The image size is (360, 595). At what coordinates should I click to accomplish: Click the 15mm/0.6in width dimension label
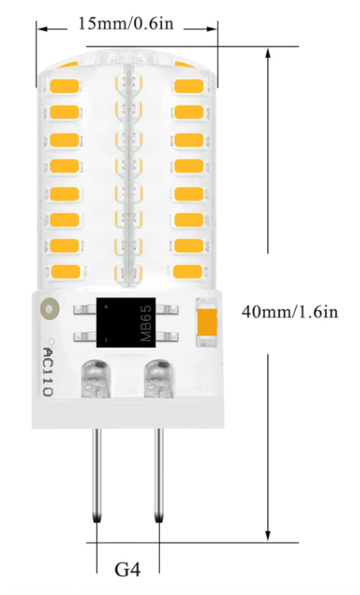click(125, 24)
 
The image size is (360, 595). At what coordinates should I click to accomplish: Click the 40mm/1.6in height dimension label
click(290, 312)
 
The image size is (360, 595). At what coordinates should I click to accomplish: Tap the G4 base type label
click(128, 570)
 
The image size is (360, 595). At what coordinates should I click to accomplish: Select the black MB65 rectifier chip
click(126, 322)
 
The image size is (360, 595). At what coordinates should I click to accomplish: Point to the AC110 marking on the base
click(48, 372)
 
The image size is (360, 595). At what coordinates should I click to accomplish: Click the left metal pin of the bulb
click(97, 476)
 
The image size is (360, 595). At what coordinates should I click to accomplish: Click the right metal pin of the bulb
click(159, 476)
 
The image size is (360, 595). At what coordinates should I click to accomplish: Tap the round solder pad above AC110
click(50, 309)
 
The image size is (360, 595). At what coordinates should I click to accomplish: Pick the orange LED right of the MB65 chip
click(207, 322)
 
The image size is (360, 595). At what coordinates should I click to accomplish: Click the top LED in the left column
click(64, 86)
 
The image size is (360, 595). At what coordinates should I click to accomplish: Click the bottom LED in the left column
click(64, 271)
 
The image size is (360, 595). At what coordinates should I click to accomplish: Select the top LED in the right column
click(189, 86)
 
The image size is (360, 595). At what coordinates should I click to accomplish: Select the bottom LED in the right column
click(187, 271)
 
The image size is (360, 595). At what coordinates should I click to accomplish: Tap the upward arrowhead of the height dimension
click(268, 53)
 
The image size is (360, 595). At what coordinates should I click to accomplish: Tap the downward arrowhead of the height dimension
click(268, 535)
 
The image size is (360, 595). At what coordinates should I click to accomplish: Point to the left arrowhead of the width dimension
click(42, 28)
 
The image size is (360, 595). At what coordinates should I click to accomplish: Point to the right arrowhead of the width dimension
click(212, 28)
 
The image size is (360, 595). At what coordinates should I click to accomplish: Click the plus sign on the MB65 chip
click(107, 306)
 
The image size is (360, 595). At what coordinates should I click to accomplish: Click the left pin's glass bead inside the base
click(95, 378)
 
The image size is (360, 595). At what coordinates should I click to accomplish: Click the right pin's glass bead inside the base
click(158, 378)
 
